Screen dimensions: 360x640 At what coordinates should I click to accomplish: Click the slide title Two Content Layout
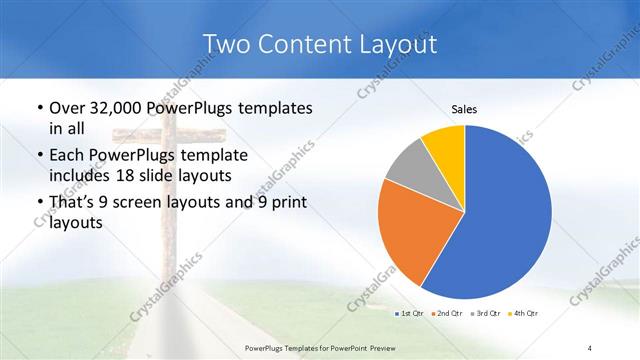[319, 44]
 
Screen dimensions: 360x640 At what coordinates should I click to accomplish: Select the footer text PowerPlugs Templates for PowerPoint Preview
[320, 346]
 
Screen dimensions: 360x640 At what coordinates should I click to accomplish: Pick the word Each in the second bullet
[67, 156]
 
